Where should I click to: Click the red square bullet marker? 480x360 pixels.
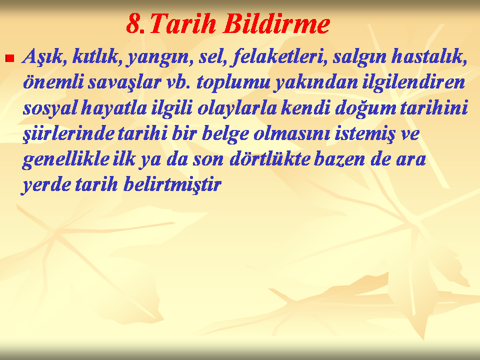click(10, 58)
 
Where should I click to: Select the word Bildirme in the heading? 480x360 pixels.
click(276, 23)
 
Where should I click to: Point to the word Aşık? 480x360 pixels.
click(44, 57)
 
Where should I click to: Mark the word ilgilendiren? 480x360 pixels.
click(413, 82)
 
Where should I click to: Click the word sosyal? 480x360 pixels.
click(49, 108)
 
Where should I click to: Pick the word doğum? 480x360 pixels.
click(365, 108)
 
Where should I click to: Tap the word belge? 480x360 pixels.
click(225, 134)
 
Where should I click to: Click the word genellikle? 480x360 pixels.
click(65, 159)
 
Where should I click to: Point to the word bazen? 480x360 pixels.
click(339, 159)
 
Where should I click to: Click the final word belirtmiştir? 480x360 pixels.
click(172, 184)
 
